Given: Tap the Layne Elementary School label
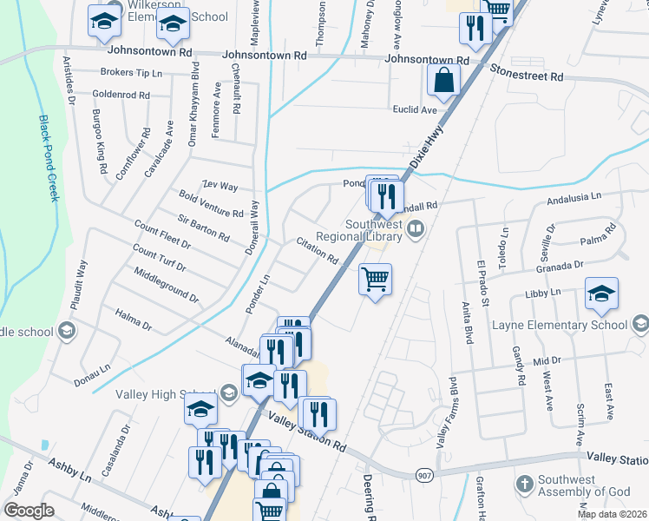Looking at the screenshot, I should click(x=559, y=326).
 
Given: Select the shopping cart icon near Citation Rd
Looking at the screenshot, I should click(x=375, y=280).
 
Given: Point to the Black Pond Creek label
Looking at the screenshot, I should click(x=48, y=158).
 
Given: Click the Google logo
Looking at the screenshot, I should click(x=29, y=510).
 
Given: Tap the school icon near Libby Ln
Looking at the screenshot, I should click(x=601, y=293).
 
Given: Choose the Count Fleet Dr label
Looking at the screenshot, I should click(x=161, y=236).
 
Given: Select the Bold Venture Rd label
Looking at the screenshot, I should click(x=210, y=206).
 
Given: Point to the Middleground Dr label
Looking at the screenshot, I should click(x=167, y=285).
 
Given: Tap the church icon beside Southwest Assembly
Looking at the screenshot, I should click(x=524, y=483).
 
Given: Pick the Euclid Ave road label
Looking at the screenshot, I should click(x=416, y=110).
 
